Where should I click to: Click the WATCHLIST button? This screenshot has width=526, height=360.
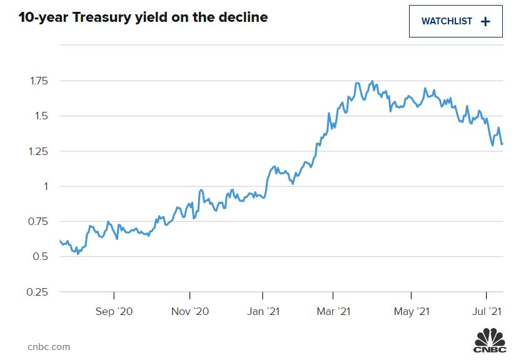(455, 21)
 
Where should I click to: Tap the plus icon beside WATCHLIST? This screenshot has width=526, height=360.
(485, 22)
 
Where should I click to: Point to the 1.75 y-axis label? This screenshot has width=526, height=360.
(39, 81)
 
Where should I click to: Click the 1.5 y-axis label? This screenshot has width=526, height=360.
(42, 116)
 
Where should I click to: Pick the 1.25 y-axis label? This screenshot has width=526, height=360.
(38, 151)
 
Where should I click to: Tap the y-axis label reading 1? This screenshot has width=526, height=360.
(46, 186)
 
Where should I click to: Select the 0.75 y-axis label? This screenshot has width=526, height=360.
(38, 222)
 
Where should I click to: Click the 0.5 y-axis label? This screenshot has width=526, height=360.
(41, 257)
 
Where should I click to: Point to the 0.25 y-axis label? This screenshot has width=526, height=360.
(38, 292)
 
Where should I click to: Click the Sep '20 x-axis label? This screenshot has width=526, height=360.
(114, 311)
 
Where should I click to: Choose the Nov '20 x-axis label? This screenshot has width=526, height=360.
(190, 311)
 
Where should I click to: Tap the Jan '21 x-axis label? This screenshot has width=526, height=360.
(263, 311)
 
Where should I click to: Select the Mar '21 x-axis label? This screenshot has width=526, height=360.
(333, 311)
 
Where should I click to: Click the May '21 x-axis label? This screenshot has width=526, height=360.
(412, 312)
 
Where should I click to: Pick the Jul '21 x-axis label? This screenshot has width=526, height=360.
(487, 311)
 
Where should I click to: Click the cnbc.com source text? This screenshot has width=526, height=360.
(49, 347)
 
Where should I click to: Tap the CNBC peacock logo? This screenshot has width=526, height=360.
(490, 340)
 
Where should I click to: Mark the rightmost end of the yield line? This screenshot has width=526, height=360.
(502, 144)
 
